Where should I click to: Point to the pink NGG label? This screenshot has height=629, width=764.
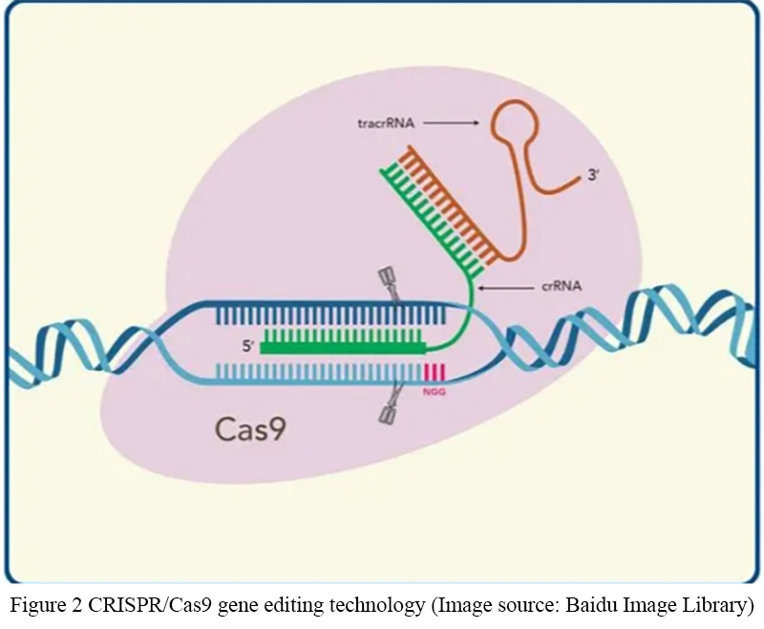(x=435, y=391)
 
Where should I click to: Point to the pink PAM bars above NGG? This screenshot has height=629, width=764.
(x=435, y=372)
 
